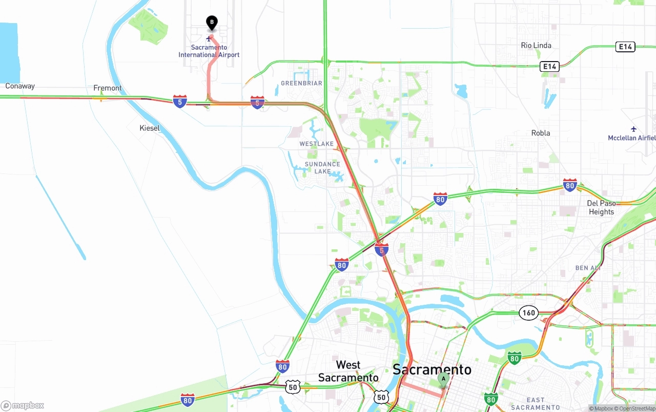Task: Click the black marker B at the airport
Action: [212, 23]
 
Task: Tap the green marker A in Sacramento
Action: [443, 379]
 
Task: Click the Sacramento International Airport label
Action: [209, 51]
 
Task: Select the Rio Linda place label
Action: [536, 45]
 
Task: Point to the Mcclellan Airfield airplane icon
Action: [634, 129]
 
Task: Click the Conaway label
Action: [20, 86]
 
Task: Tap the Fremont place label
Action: [108, 88]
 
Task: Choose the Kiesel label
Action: [150, 128]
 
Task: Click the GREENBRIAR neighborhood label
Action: [301, 83]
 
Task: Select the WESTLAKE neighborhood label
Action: [316, 144]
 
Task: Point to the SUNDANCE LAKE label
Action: [322, 168]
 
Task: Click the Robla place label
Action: [541, 133]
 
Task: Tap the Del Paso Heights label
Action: [601, 207]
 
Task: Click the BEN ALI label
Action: [588, 268]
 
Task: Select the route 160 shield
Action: [529, 312]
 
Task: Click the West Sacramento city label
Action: [348, 371]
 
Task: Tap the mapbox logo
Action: [23, 405]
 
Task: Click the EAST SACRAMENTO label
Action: [535, 403]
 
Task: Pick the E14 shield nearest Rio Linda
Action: [625, 47]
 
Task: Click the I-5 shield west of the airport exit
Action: [180, 101]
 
